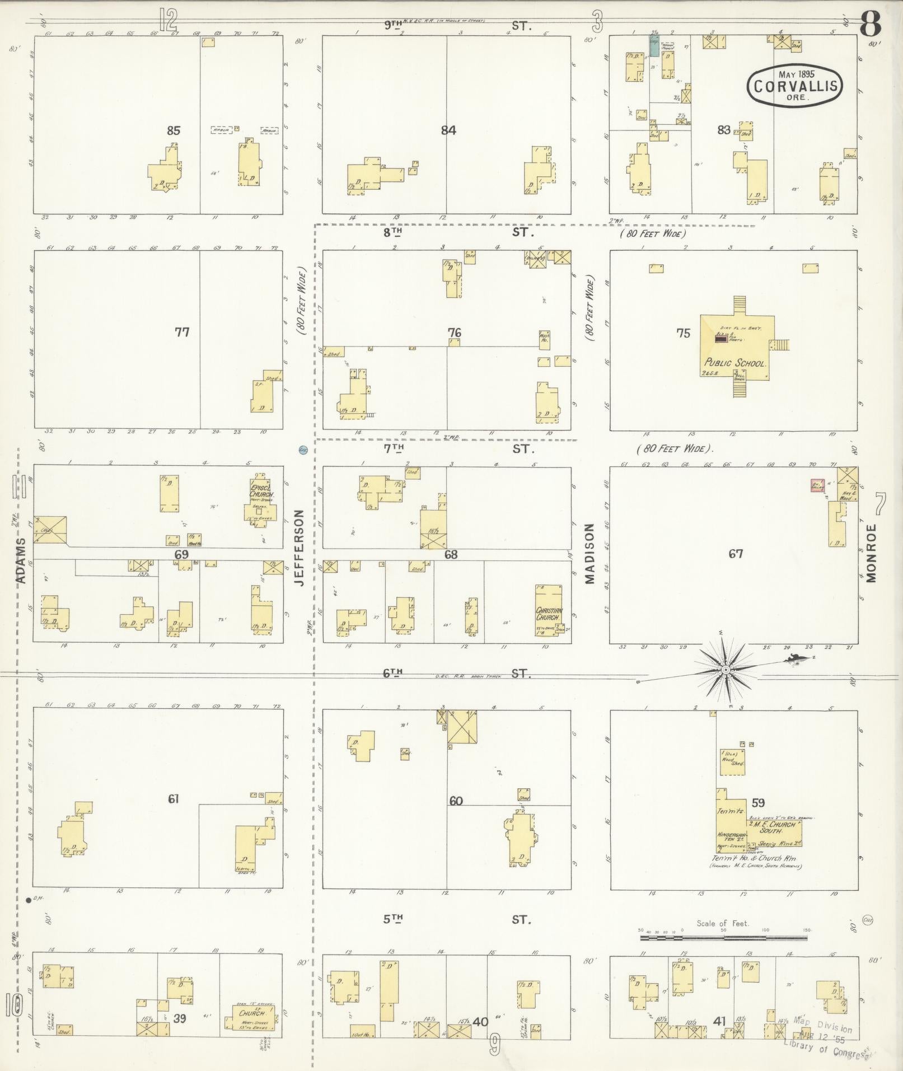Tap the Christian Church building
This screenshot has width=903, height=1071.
tap(549, 611)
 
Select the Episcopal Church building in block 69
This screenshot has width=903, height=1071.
tap(260, 498)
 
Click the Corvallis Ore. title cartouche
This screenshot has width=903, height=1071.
tap(795, 85)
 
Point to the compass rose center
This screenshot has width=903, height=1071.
tap(726, 669)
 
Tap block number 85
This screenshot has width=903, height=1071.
tap(174, 130)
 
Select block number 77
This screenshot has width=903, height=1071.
tap(181, 332)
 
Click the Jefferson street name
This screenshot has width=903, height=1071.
tap(299, 548)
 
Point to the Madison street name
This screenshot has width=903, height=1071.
tap(589, 554)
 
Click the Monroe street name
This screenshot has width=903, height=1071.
tap(871, 553)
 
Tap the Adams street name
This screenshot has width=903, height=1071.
tap(21, 561)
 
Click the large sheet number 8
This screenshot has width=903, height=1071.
tap(871, 24)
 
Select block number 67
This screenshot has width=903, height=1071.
tap(736, 554)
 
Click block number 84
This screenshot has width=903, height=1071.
tap(448, 130)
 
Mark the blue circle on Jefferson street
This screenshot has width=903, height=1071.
tap(303, 449)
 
